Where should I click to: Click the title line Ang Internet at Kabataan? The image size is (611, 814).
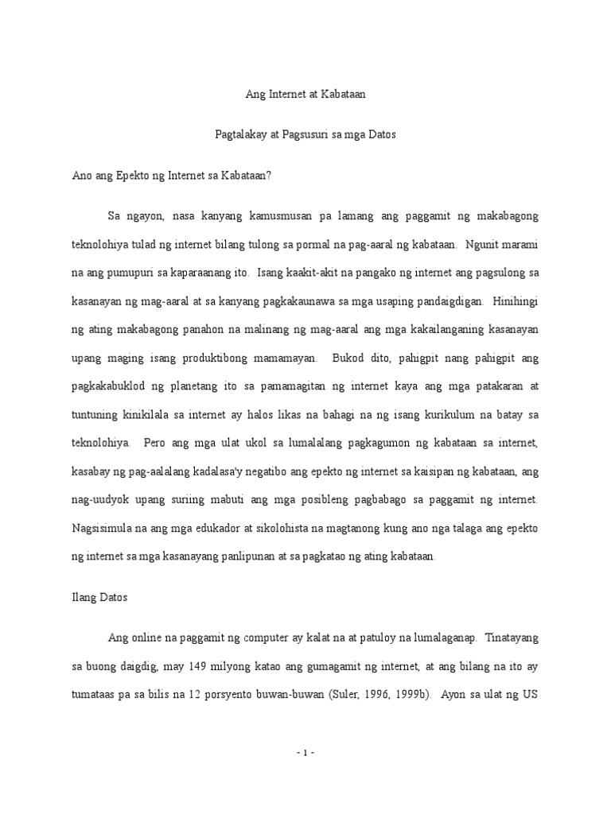click(x=305, y=94)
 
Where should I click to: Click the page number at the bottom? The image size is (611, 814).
click(x=305, y=752)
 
